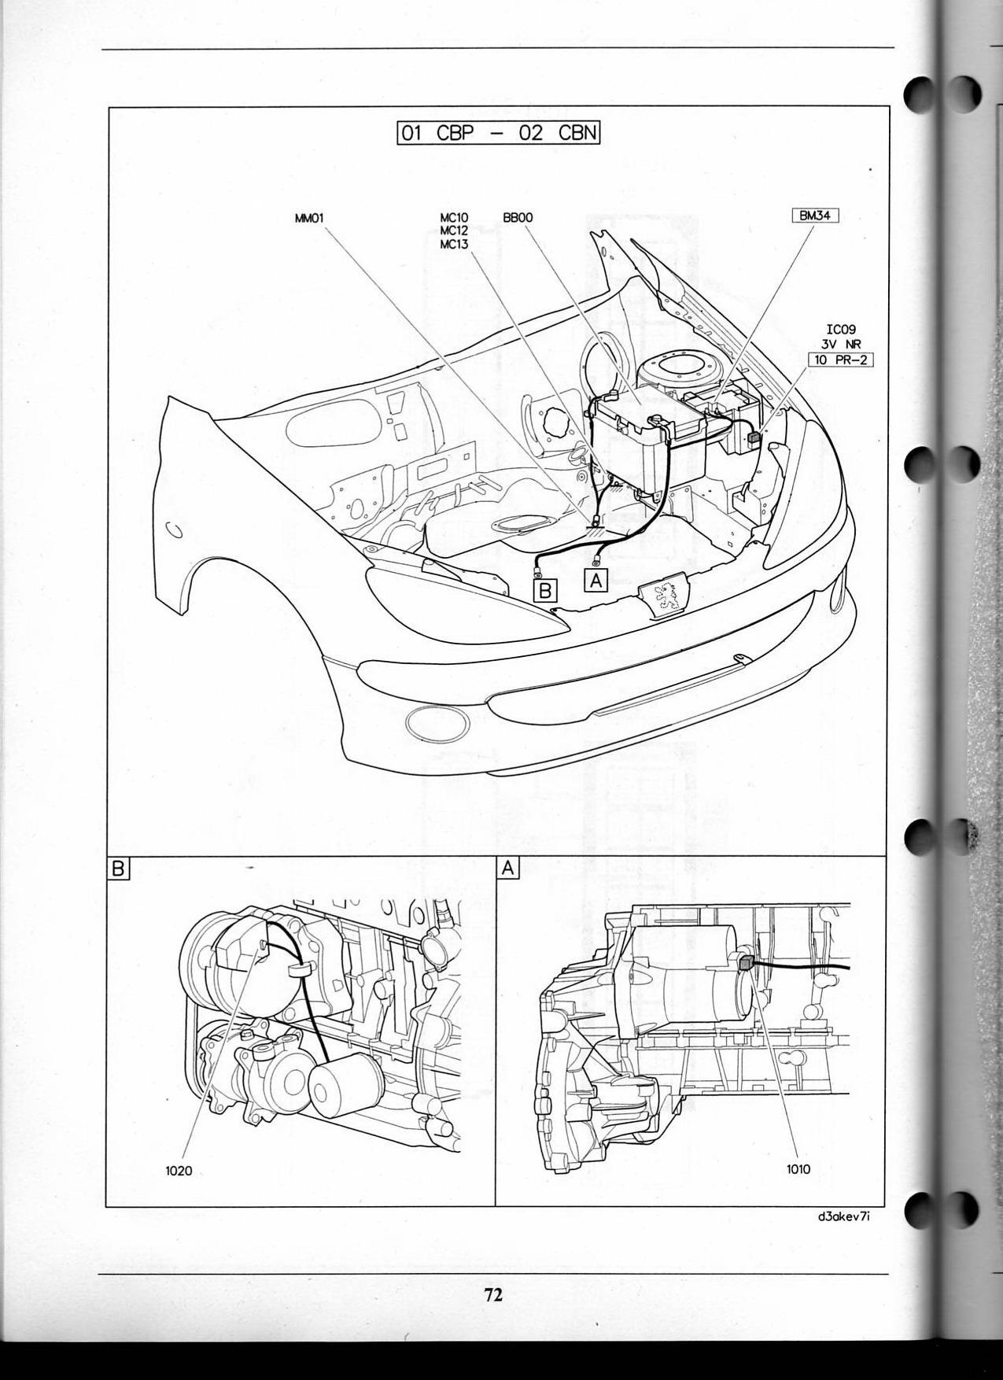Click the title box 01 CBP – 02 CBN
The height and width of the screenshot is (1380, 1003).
(x=499, y=131)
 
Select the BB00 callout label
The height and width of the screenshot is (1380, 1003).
(x=517, y=220)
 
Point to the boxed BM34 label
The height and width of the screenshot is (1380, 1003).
(x=816, y=214)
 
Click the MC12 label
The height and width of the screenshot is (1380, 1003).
(x=454, y=232)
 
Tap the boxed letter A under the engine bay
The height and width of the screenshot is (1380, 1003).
(x=596, y=580)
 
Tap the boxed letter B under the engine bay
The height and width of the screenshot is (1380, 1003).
(x=545, y=589)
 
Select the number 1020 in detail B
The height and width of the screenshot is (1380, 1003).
(x=179, y=1171)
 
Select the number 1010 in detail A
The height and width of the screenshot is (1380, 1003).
(x=798, y=1169)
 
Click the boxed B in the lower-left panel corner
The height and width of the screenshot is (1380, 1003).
(x=118, y=869)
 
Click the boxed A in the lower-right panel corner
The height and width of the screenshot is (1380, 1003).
(x=508, y=869)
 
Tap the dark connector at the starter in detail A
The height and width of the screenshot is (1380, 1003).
(x=746, y=961)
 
